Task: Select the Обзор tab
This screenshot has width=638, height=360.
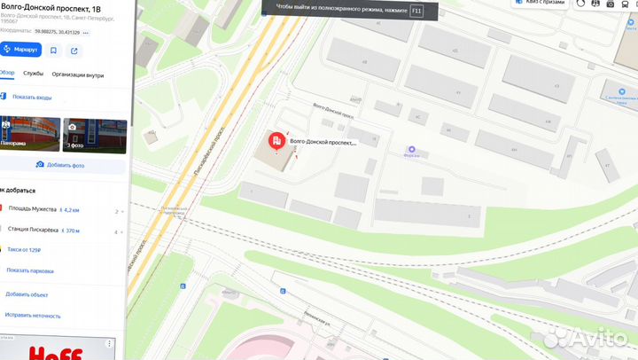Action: pyautogui.click(x=6, y=74)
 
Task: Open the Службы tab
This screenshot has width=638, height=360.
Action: pyautogui.click(x=34, y=74)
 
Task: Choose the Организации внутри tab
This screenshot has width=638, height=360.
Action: pyautogui.click(x=78, y=74)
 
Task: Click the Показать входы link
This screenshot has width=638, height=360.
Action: pyautogui.click(x=32, y=97)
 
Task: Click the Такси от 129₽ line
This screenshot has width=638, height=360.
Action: pyautogui.click(x=27, y=251)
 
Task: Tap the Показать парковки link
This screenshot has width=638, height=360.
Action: pyautogui.click(x=30, y=270)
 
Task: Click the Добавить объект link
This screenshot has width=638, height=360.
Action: pyautogui.click(x=26, y=293)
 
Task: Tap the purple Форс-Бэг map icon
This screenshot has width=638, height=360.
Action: pyautogui.click(x=411, y=148)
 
